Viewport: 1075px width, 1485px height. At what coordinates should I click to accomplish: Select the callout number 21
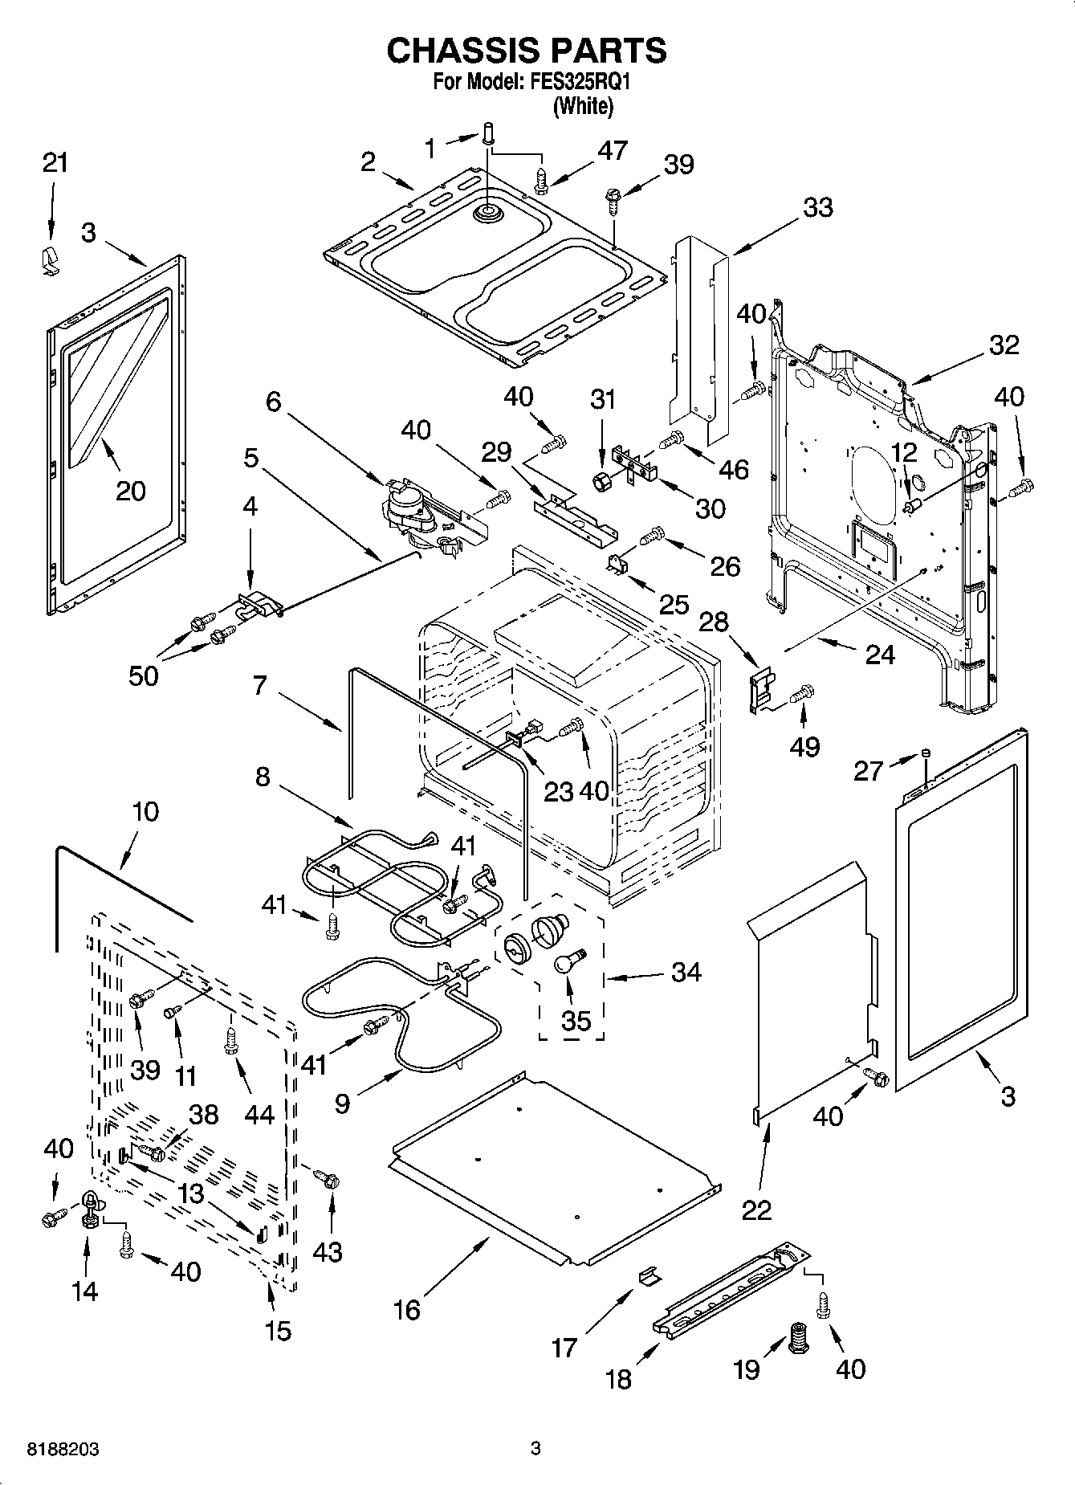tap(55, 163)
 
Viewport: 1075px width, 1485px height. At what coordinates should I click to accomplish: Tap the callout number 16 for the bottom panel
tap(407, 1310)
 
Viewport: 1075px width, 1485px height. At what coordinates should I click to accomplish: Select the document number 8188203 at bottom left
tap(63, 1450)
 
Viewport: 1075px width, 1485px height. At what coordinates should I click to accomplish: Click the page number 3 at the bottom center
tap(535, 1450)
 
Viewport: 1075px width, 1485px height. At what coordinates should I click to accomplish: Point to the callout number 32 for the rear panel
tap(1003, 345)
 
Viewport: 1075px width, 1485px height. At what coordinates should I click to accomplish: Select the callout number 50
tap(144, 675)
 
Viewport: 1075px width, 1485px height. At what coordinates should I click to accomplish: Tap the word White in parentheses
tap(584, 105)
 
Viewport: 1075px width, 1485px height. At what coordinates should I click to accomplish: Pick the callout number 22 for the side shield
tap(756, 1210)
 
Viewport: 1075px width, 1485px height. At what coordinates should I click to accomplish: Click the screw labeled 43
tap(328, 1178)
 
